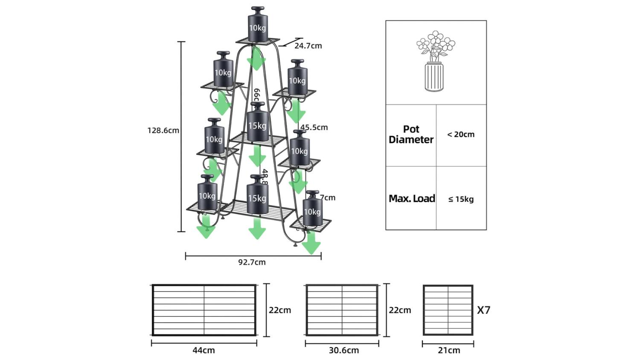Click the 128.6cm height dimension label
(163, 131)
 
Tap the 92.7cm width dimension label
(252, 262)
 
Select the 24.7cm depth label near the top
(308, 46)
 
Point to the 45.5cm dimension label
(314, 127)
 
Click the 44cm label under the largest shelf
(204, 350)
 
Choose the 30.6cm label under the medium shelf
(343, 350)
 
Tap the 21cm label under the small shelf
(449, 350)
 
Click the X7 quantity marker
(483, 310)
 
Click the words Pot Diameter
(411, 134)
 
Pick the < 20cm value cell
(461, 134)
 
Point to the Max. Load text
(412, 198)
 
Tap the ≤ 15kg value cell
(461, 199)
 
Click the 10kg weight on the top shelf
(258, 25)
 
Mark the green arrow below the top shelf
(256, 59)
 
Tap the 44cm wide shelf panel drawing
(204, 310)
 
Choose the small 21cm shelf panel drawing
(448, 310)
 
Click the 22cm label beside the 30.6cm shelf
(400, 310)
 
